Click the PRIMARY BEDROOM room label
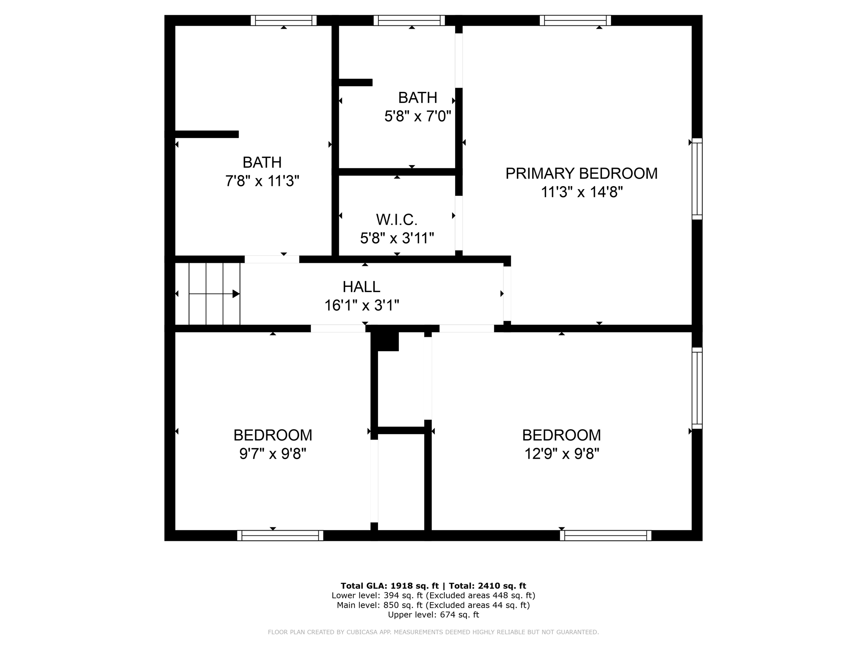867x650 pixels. (x=581, y=174)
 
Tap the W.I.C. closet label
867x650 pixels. (x=397, y=220)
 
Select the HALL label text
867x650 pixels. (x=361, y=287)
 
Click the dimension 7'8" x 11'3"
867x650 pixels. (x=262, y=181)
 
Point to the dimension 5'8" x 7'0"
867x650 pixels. (x=417, y=116)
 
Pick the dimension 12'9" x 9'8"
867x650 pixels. (x=561, y=454)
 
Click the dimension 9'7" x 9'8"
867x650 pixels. (x=273, y=454)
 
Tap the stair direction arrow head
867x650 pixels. (x=236, y=294)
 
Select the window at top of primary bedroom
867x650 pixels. (x=575, y=20)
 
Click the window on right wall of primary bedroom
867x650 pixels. (x=697, y=179)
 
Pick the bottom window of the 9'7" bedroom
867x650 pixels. (x=280, y=535)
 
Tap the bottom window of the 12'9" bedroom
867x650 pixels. (x=605, y=535)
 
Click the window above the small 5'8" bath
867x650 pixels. (x=409, y=20)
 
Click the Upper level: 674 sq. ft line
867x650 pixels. (x=433, y=614)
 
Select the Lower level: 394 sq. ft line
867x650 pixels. (x=433, y=595)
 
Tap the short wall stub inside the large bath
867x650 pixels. (x=207, y=134)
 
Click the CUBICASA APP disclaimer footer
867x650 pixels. (x=433, y=632)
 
